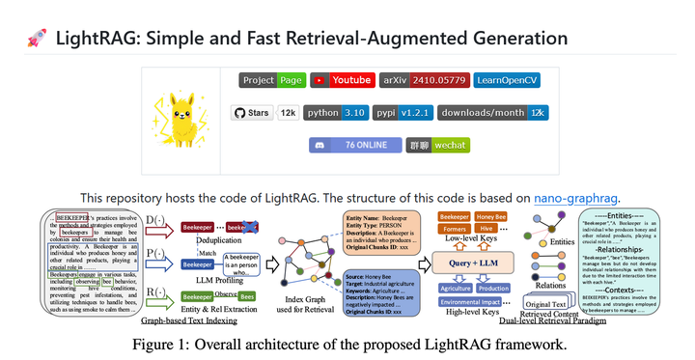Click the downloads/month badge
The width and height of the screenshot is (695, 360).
(493, 113)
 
